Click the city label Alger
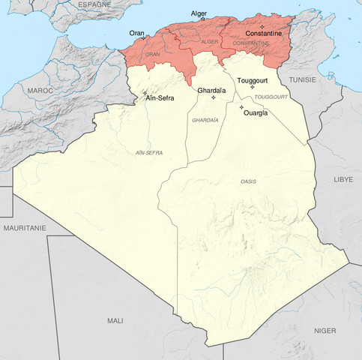(199, 13)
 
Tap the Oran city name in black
(136, 32)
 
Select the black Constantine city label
(263, 34)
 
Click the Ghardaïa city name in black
(211, 90)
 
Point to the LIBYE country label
(343, 180)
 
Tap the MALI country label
(115, 320)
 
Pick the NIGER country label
(325, 330)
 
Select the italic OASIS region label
(249, 182)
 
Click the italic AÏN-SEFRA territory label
(149, 153)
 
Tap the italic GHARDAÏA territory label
(205, 120)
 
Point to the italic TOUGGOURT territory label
(271, 97)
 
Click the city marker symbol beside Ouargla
(241, 107)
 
